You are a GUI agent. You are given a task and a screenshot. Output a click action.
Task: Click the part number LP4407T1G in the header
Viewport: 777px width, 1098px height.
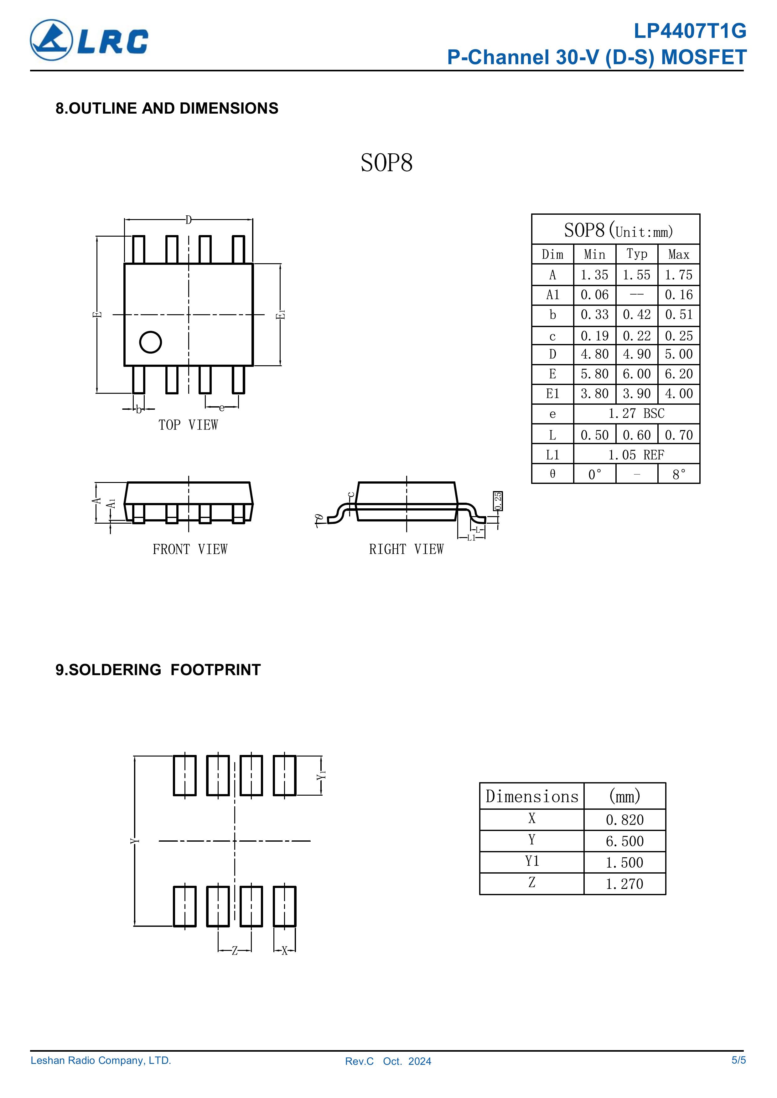click(x=690, y=32)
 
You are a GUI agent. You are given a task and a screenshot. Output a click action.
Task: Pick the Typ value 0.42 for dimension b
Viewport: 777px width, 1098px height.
click(x=636, y=315)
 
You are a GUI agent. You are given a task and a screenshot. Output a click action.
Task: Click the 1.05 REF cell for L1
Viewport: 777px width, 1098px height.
click(x=636, y=455)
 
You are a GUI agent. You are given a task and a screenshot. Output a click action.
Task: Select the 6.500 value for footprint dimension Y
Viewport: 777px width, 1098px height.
click(x=624, y=841)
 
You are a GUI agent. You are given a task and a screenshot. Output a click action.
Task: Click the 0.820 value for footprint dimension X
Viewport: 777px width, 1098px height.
click(x=624, y=820)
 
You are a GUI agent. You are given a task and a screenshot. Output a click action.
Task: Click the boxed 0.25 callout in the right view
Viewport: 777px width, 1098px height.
click(x=498, y=501)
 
